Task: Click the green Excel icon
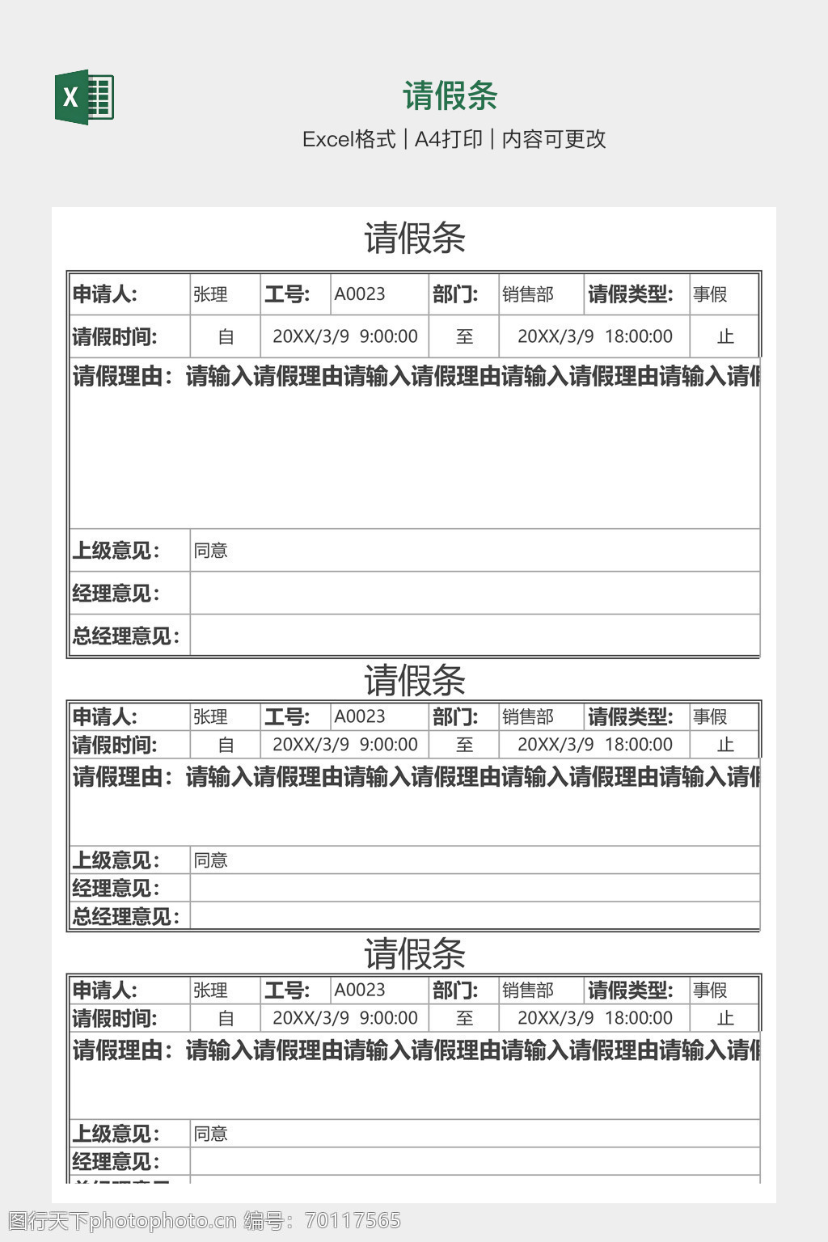click(84, 97)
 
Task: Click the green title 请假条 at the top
click(450, 96)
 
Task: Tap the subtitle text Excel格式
click(349, 139)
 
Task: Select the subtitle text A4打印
click(448, 139)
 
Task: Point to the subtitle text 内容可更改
click(554, 139)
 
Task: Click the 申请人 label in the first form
click(105, 294)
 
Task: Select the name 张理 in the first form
click(210, 294)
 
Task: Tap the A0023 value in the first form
click(360, 294)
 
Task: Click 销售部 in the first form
click(528, 294)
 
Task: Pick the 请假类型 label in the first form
click(631, 294)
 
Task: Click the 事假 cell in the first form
click(710, 294)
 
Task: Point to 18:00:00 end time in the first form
click(638, 336)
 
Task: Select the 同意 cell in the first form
click(211, 551)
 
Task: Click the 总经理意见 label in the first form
click(126, 636)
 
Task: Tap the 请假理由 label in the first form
click(123, 377)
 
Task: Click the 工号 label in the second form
click(287, 716)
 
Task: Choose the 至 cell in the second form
click(464, 745)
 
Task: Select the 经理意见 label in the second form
click(116, 889)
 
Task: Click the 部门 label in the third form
click(455, 990)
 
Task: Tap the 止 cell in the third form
click(725, 1018)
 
